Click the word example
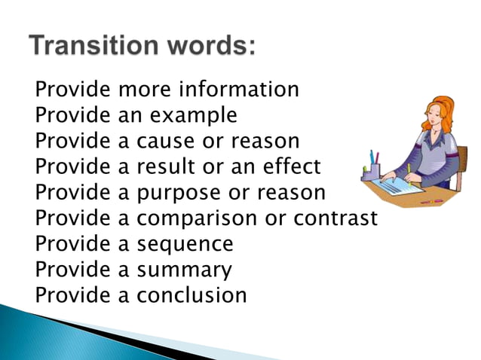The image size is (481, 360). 200,116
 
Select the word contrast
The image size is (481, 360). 333,218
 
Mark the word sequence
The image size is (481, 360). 185,244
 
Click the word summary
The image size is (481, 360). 184,270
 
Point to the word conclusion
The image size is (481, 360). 191,295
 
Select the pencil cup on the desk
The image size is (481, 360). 371,171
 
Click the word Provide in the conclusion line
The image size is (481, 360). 72,295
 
